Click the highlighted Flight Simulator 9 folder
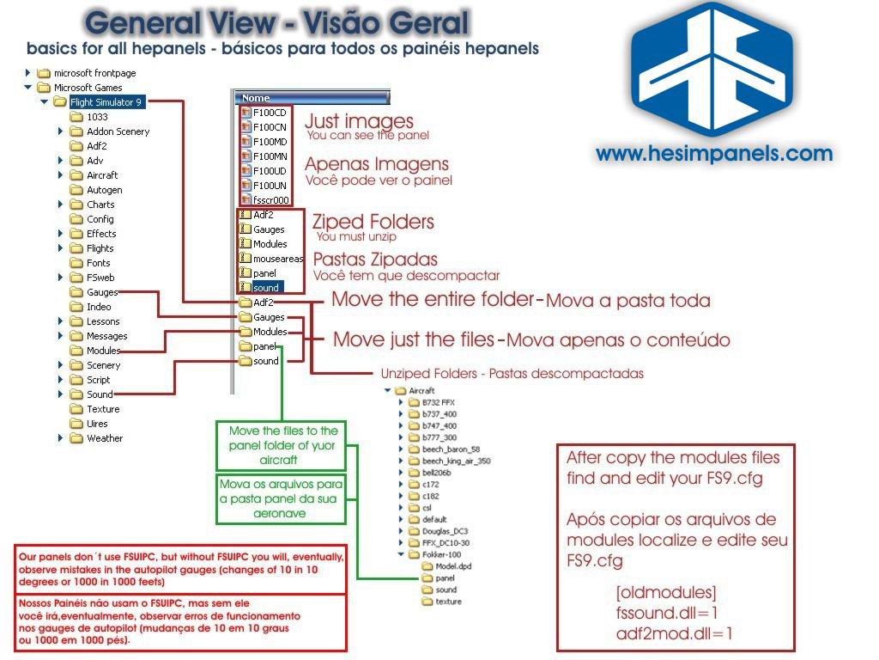pos(106,102)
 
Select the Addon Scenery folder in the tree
pos(118,131)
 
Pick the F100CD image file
pos(269,113)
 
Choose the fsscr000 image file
pos(271,199)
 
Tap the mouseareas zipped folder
pos(277,259)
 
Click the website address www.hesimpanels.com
pos(714,155)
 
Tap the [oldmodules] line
pos(665,593)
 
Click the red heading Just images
pos(359,121)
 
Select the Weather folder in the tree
pos(104,438)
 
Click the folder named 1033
pos(97,117)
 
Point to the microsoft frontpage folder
pos(94,73)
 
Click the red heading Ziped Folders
pos(373,222)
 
